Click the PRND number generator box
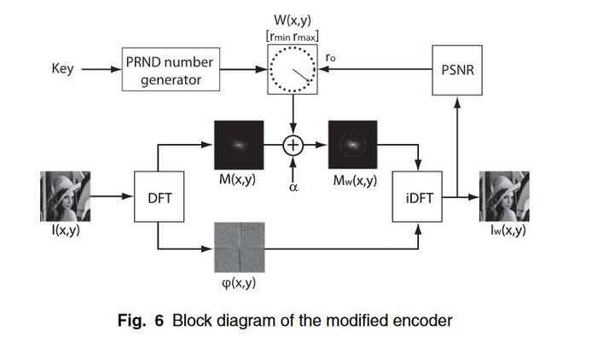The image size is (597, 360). [171, 72]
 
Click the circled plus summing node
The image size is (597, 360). [293, 145]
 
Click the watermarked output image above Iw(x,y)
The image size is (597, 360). [504, 196]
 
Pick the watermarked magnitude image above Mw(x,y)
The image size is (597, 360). [352, 145]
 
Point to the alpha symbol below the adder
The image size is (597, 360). [293, 179]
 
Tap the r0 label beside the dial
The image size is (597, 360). [330, 57]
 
